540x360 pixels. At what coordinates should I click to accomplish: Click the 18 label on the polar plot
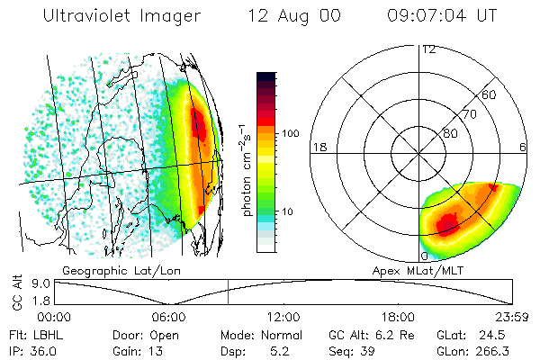pos(318,147)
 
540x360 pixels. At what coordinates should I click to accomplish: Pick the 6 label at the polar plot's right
pos(523,147)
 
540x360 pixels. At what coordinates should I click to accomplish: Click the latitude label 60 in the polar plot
pos(490,94)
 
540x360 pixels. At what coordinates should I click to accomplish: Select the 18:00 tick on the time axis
pos(398,317)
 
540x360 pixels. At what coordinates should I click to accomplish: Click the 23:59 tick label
pos(511,317)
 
